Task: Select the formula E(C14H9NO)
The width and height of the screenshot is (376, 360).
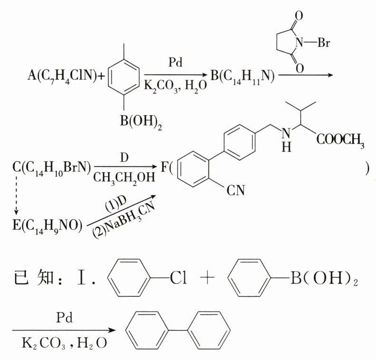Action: click(48, 223)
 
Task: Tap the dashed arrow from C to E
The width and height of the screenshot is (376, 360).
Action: click(17, 195)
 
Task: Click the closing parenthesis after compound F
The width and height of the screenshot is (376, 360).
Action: click(367, 167)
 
